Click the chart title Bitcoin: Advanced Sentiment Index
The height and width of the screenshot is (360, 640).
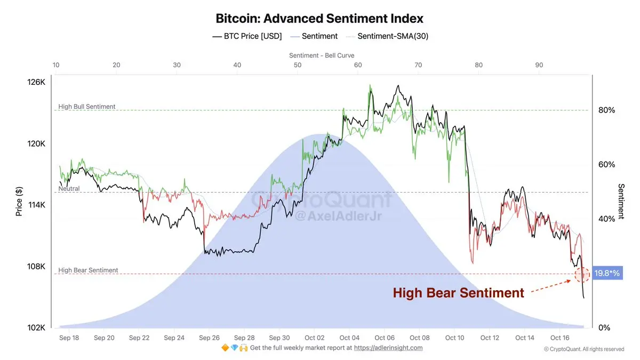coord(319,18)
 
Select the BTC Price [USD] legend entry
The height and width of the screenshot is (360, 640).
coord(247,36)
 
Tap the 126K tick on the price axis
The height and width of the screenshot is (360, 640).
coord(37,83)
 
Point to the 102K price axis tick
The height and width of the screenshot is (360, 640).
coord(37,328)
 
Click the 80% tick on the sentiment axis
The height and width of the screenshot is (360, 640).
coord(606,110)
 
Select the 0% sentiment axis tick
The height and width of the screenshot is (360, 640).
coord(604,328)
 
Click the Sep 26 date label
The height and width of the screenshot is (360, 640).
coord(209,338)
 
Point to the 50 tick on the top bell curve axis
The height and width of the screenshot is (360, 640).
coord(298,65)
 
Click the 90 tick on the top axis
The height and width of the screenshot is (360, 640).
coord(539,65)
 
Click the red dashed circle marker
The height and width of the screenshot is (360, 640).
coord(582,275)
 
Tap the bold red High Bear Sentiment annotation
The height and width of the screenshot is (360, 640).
coord(459,293)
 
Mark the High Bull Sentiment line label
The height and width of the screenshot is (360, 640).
coord(87,107)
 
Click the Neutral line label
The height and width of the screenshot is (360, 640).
coord(69,189)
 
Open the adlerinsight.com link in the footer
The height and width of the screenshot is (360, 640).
coord(388,348)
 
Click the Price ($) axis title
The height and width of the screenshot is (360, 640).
coord(19,202)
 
